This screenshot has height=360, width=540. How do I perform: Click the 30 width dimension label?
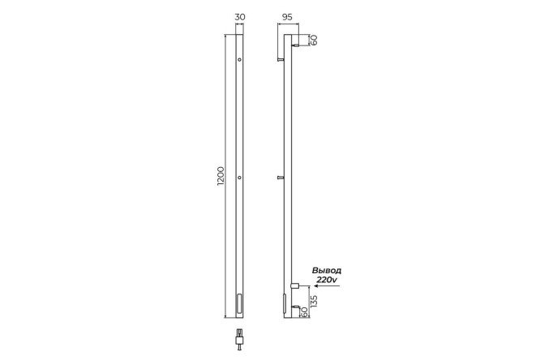pos(240,17)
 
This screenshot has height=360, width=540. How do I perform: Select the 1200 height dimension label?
pos(221,177)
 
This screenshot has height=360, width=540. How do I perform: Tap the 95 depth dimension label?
pos(287,17)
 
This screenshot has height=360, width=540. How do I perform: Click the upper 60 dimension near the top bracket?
pos(314,41)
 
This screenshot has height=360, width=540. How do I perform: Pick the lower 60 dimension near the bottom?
pos(304,312)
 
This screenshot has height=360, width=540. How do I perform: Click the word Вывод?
pos(327,271)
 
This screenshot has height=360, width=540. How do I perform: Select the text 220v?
pos(328,280)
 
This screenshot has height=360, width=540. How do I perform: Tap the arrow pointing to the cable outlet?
pos(327,286)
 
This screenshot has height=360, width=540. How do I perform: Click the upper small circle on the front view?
pos(239,60)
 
